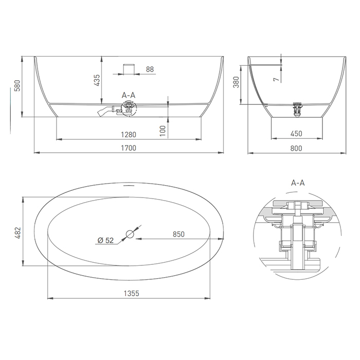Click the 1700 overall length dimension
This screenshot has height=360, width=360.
(129, 148)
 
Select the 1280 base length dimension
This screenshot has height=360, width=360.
(129, 135)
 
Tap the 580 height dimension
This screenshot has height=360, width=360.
(17, 86)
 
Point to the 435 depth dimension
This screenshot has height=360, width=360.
(97, 80)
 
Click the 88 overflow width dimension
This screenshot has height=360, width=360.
(150, 69)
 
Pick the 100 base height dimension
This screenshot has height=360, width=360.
(163, 131)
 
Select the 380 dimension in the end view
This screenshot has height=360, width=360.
(236, 82)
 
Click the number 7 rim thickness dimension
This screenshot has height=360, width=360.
(277, 79)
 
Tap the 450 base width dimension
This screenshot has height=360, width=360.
(296, 134)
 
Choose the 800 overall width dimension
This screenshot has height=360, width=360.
(296, 148)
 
